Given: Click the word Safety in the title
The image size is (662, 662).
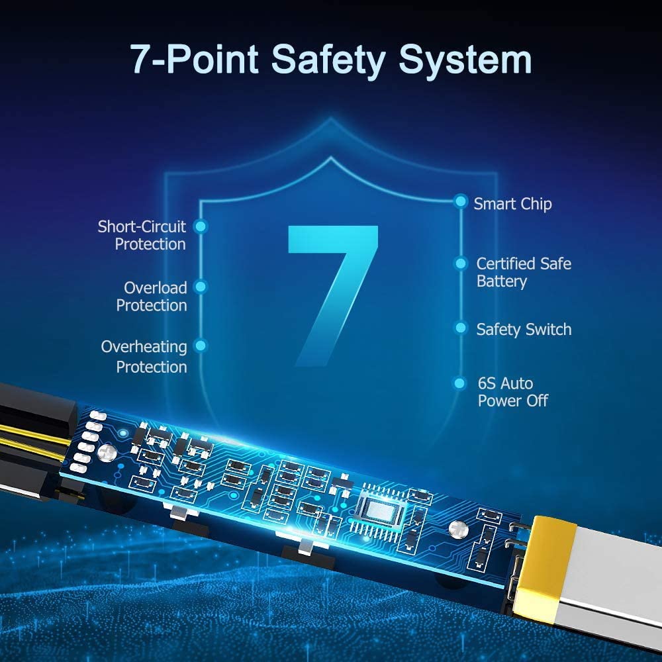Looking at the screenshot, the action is click(x=328, y=60).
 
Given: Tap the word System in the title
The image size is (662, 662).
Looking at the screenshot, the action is click(x=465, y=60).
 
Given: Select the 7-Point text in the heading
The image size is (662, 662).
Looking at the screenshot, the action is click(x=194, y=59).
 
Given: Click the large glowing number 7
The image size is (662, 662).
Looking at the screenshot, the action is click(x=333, y=295).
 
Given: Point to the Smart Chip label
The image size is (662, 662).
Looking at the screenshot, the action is click(x=512, y=204).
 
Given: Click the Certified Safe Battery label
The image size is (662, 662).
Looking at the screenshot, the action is click(x=524, y=273).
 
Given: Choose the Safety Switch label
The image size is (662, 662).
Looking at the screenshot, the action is click(x=524, y=329).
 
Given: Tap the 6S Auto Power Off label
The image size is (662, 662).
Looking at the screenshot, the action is click(x=512, y=392).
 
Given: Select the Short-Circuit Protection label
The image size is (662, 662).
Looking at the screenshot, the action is click(x=142, y=235).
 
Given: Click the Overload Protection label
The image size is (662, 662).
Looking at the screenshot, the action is click(x=152, y=297).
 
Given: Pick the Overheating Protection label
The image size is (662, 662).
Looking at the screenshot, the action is click(x=144, y=357).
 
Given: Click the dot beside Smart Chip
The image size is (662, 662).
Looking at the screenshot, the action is click(x=461, y=201).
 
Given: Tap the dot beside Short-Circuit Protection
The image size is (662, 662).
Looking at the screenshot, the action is click(x=201, y=226).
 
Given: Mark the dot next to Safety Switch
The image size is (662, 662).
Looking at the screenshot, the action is click(x=461, y=328).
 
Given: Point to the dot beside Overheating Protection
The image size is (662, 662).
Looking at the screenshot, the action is click(x=201, y=346).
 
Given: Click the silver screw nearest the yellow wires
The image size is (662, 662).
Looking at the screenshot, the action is click(x=107, y=453).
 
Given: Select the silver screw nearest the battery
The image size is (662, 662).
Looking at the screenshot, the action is click(x=458, y=530).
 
